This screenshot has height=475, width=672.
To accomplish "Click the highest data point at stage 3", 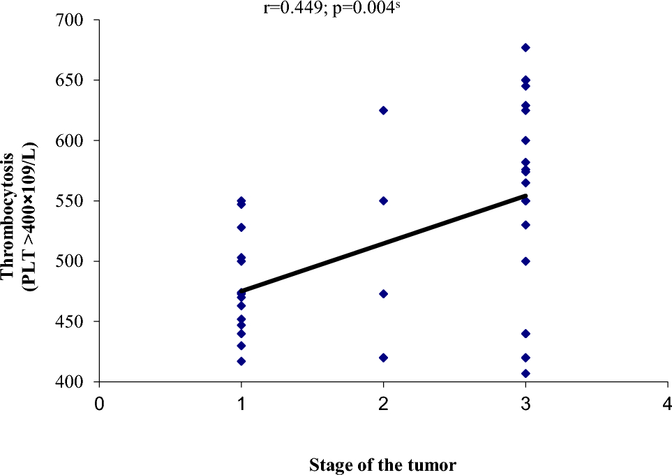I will (525, 47).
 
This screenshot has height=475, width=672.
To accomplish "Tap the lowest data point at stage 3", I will (525, 373).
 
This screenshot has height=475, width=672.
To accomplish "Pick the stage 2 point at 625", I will (383, 110).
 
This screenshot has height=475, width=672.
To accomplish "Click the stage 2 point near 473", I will (383, 293).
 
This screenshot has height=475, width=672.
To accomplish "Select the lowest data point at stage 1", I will (241, 361).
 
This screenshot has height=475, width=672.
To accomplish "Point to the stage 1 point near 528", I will (241, 227).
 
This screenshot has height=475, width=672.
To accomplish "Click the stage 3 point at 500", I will (525, 261).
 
